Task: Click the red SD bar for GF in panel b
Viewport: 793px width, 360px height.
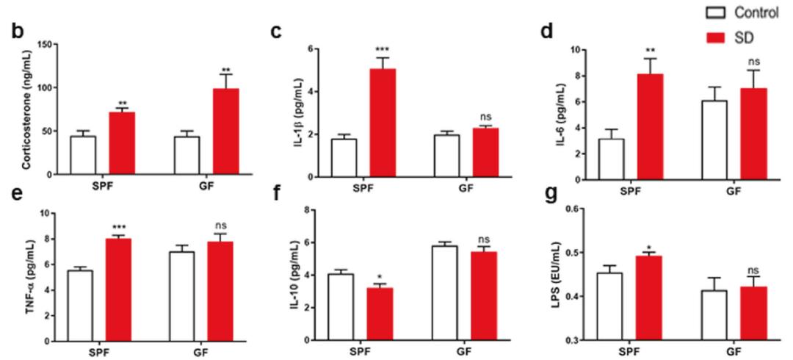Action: [x=225, y=132]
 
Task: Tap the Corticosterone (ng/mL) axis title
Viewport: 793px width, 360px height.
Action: [x=25, y=110]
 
